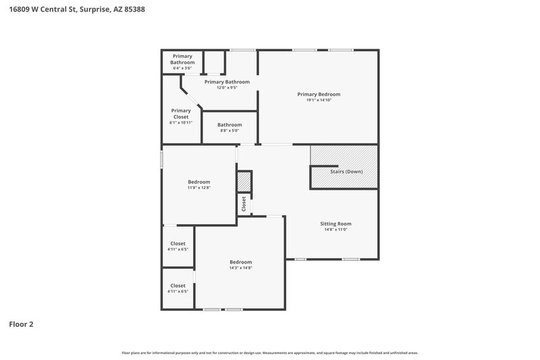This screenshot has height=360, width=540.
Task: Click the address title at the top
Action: pyautogui.click(x=78, y=10)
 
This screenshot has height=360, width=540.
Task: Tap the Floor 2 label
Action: pyautogui.click(x=21, y=324)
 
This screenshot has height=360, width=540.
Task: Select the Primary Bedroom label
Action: pyautogui.click(x=319, y=94)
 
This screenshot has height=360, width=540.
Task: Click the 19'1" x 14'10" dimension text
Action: pyautogui.click(x=319, y=100)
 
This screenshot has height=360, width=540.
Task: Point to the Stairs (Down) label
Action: pyautogui.click(x=346, y=172)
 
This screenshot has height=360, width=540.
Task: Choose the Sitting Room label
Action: pyautogui.click(x=335, y=224)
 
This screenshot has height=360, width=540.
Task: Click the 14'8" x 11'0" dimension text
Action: pyautogui.click(x=335, y=230)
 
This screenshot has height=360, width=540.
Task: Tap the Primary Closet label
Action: pyautogui.click(x=181, y=113)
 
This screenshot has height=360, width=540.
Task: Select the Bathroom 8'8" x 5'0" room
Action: pyautogui.click(x=230, y=127)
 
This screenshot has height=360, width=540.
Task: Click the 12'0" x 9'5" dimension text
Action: pyautogui.click(x=227, y=88)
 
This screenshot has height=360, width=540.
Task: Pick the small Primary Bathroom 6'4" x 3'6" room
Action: pyautogui.click(x=182, y=62)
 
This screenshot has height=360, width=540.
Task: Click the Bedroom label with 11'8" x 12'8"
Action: pyautogui.click(x=198, y=182)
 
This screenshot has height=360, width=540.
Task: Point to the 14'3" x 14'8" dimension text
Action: pyautogui.click(x=240, y=268)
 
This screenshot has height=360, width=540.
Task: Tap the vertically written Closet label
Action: pyautogui.click(x=244, y=203)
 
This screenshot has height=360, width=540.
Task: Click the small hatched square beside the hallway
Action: pyautogui.click(x=244, y=181)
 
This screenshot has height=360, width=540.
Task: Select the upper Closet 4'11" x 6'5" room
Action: pyautogui.click(x=178, y=246)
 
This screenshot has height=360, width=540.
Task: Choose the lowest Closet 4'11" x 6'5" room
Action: pyautogui.click(x=178, y=288)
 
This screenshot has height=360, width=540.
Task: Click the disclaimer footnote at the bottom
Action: pyautogui.click(x=269, y=353)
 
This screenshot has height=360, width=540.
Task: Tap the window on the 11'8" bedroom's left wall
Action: pyautogui.click(x=162, y=159)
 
